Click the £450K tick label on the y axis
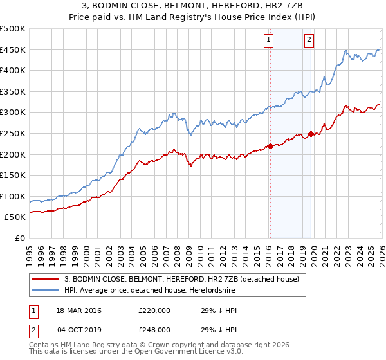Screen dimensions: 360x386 (x=13, y=50)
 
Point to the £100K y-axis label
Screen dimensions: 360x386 (x=13, y=196)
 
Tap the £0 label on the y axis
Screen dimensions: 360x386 (x=20, y=238)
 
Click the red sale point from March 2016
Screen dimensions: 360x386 (x=270, y=146)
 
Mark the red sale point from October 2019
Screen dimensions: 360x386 (x=311, y=134)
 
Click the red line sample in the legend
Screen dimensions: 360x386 (x=45, y=280)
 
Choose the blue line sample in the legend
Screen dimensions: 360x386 (x=45, y=290)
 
